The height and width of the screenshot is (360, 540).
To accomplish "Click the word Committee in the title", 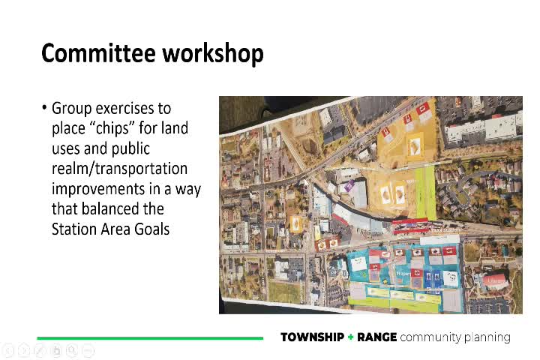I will pos(91,54).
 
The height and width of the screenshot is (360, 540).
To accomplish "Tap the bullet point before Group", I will pos(44,109).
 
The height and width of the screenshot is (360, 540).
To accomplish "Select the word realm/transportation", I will pos(119,169).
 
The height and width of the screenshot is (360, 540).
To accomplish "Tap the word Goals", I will pos(150,229).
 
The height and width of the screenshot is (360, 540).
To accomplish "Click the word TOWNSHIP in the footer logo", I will pos(311,337).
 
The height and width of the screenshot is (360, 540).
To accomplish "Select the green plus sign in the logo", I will pos(350,337).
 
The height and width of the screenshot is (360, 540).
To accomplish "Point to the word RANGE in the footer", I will pos(377,337).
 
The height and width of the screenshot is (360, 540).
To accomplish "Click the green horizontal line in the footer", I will pos(150,338).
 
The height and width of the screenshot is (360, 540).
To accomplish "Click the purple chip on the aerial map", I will pos(349,184).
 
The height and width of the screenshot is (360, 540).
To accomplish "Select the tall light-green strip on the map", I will pos(425,193).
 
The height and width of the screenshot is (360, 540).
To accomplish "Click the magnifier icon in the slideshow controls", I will pos(72,350).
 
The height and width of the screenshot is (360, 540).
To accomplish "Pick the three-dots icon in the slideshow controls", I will pos(88,350).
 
